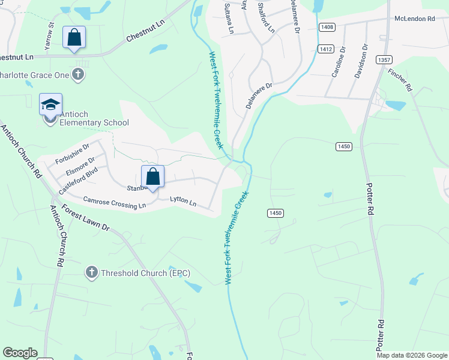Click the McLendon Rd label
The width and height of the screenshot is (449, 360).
(x=414, y=19)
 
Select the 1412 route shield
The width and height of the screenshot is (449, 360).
(x=327, y=49)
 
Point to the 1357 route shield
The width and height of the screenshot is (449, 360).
(x=385, y=59)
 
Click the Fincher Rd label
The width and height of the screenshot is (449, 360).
(x=400, y=79)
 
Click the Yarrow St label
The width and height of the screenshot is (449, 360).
(x=50, y=37)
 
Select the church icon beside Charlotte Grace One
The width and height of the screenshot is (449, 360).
(x=77, y=74)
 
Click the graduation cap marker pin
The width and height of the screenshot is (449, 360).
(x=51, y=105)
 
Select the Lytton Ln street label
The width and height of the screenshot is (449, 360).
(x=183, y=202)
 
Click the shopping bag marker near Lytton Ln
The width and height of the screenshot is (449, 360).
(x=153, y=177)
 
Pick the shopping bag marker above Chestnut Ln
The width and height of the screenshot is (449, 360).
(x=74, y=38)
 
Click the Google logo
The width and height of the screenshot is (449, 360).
(x=20, y=353)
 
